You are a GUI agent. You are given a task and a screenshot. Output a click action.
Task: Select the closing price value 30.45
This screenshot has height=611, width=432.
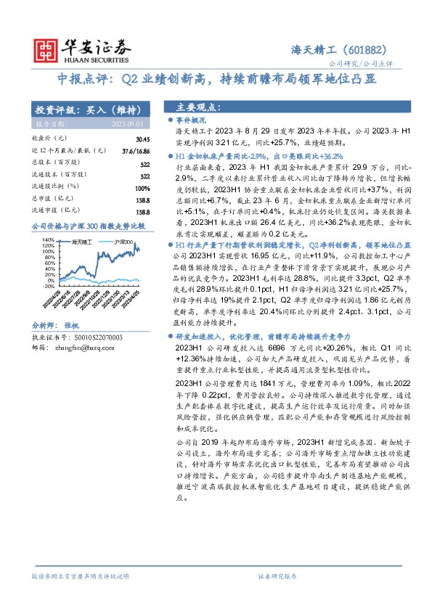(142, 138)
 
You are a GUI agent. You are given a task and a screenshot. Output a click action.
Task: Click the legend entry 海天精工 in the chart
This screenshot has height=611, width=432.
(80, 240)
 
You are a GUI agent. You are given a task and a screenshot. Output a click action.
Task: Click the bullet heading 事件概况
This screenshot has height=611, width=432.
(192, 119)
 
